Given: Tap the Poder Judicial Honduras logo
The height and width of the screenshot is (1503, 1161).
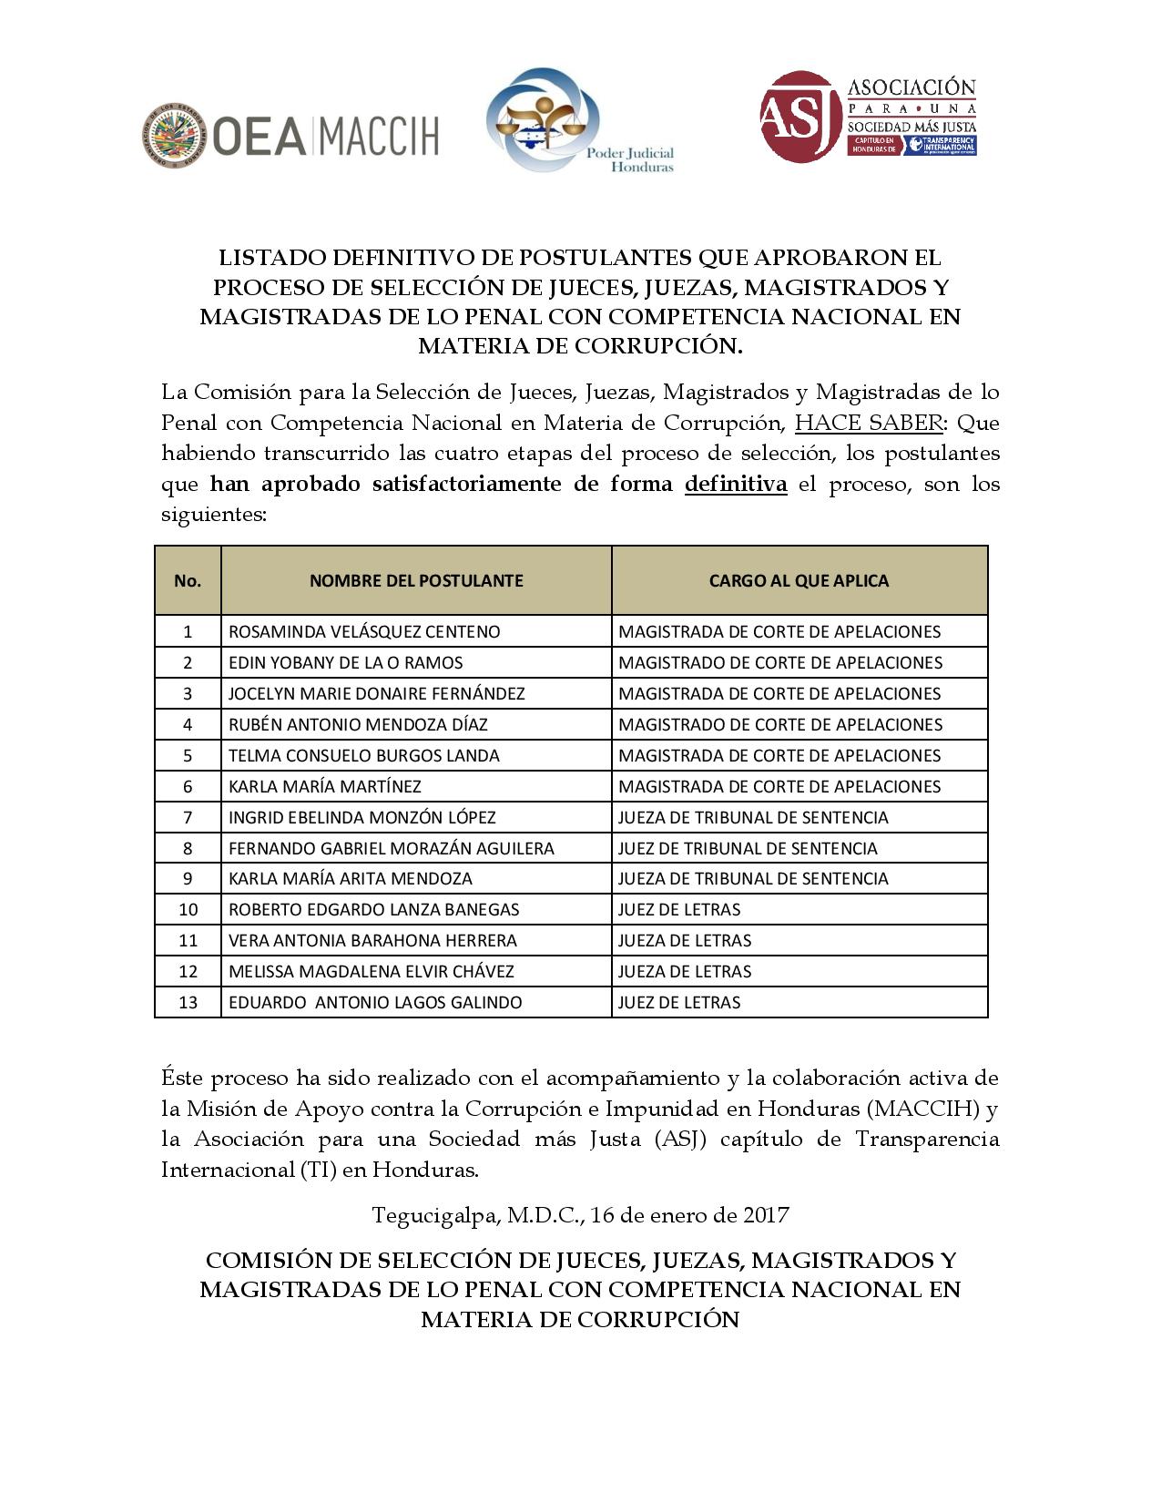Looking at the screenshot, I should coord(544,119).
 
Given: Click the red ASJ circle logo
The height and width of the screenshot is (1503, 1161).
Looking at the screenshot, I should coord(800,117).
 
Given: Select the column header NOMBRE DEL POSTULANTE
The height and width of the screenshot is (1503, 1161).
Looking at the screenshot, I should coord(416,581).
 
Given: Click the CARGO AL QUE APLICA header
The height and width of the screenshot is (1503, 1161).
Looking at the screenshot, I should coord(799,581).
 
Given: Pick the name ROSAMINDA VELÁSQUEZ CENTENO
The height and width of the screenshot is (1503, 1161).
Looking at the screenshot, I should coord(364,632).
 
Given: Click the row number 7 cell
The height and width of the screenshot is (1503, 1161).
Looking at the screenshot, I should coord(188,818).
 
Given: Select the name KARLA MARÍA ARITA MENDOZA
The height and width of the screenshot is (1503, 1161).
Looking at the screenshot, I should coord(351,879).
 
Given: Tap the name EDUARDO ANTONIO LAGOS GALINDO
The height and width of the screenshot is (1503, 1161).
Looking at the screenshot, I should coord(375,1003).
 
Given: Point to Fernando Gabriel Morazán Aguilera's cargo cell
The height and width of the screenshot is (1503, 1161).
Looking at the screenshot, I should coord(748,849).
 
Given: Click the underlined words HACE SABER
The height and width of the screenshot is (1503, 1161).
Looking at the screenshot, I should coord(868,423).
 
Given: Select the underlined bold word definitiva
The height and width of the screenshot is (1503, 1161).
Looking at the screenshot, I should coord(735,484).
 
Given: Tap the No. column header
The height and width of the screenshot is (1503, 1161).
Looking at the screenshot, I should coord(188,581).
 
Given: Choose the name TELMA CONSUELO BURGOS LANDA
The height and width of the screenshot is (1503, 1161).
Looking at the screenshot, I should coord(364,756).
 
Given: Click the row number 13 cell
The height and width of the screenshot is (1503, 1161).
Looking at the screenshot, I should coord(188,1003).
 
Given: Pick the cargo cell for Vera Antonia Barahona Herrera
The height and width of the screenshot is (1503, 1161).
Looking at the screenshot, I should coord(685,941).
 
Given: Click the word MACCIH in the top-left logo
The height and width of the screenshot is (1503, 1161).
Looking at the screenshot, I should coord(380,136).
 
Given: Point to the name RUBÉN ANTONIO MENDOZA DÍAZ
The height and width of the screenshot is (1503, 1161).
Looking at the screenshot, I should coord(358,725).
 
